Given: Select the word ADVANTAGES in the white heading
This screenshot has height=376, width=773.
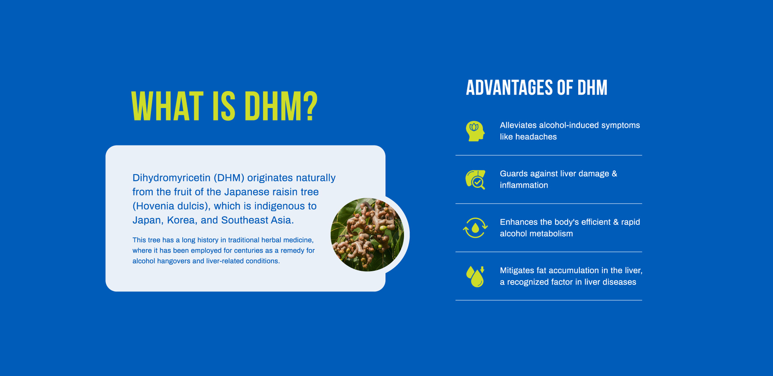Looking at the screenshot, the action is click(x=509, y=88).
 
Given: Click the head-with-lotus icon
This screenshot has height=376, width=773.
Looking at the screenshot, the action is click(x=475, y=131).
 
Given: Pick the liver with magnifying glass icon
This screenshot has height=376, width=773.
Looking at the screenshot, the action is click(x=475, y=180).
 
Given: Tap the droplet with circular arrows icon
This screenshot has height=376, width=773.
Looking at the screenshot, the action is click(x=475, y=228).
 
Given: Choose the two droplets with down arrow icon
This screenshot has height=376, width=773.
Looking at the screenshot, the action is click(x=475, y=276).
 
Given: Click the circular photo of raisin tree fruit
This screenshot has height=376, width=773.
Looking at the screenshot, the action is click(x=367, y=235).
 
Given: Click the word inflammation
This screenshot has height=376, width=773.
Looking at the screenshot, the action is click(x=524, y=185).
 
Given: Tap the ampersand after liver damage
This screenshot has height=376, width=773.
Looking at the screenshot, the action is click(x=614, y=174).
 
